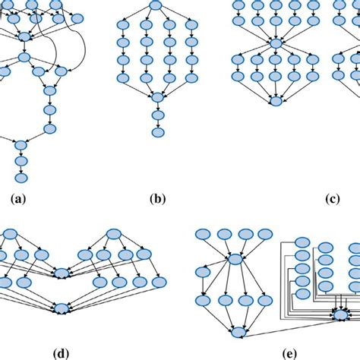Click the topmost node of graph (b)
156,7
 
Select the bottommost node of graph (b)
157,132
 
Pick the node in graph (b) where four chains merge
157,97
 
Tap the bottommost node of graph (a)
21,177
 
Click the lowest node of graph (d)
62,308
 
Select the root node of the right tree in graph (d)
114,234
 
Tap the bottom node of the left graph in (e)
238,331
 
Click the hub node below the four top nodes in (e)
236,260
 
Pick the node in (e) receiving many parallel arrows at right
340,315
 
